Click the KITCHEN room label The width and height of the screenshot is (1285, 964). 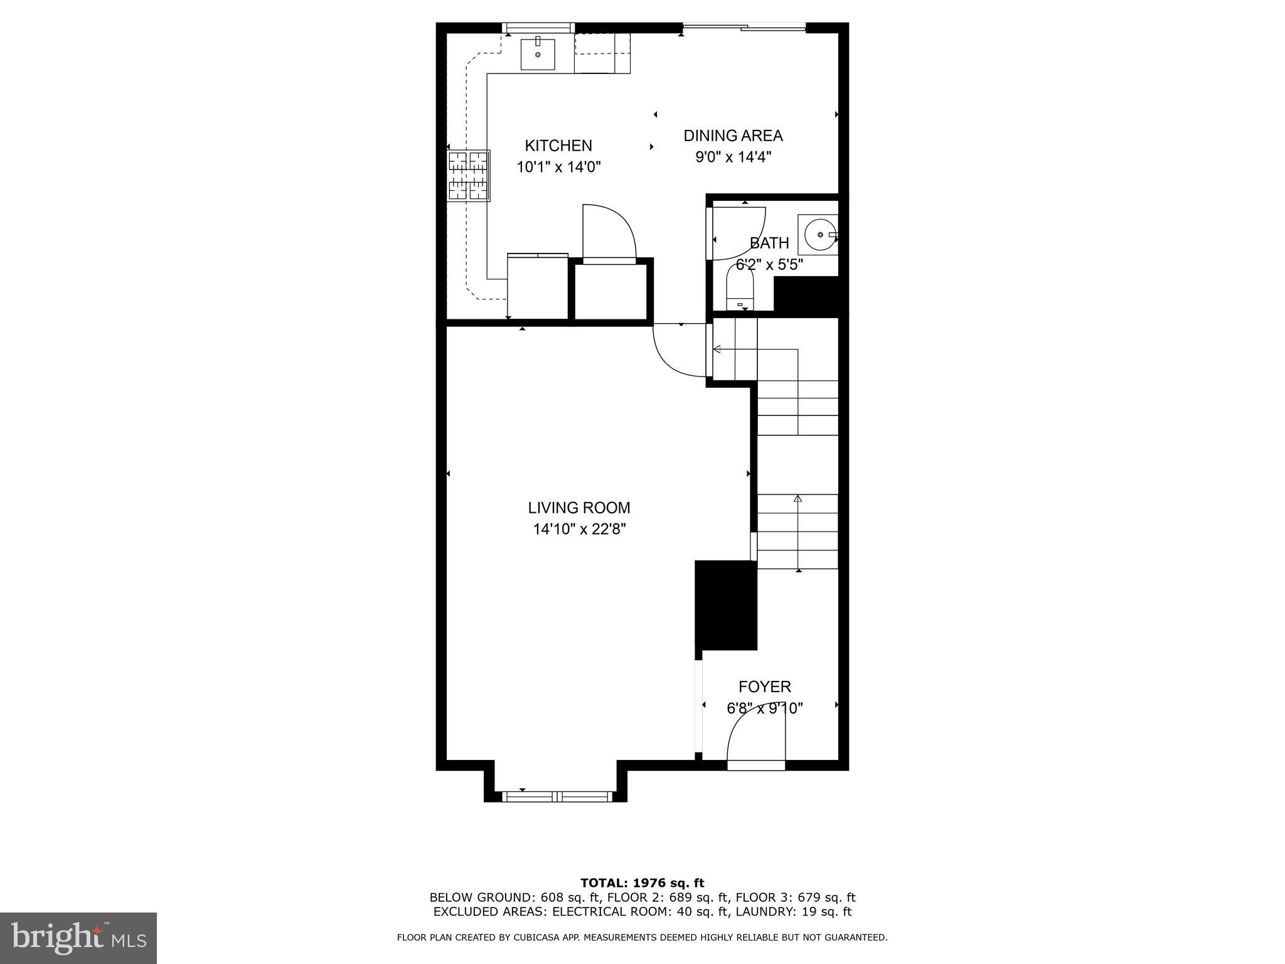coord(558,146)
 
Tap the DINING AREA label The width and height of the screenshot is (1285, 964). coord(733,136)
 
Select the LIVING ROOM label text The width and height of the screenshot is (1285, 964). coord(579,508)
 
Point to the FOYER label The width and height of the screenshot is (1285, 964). coord(764,687)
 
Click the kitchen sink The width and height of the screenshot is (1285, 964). coord(538,54)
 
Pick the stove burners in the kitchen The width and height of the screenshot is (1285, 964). coord(468,175)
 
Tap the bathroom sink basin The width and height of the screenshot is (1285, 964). coord(819,234)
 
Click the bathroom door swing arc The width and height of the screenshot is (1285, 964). coord(740,232)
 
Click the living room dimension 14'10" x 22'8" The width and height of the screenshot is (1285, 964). coord(579,530)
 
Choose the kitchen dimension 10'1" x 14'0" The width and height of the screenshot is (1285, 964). coord(558,167)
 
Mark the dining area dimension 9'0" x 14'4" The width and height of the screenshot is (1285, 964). coord(733,157)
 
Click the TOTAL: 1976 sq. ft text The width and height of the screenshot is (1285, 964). coord(642,883)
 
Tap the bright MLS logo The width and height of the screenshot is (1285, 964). coord(78,938)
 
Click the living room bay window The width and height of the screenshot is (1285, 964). coord(556,796)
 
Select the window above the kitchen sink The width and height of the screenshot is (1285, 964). coord(539,27)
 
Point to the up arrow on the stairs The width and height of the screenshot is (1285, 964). coord(797,499)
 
